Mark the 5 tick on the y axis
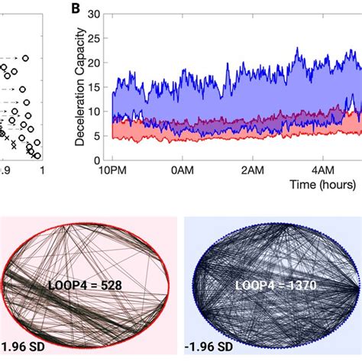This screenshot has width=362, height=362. click(99, 136)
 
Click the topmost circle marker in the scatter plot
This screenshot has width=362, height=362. click(25, 57)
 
